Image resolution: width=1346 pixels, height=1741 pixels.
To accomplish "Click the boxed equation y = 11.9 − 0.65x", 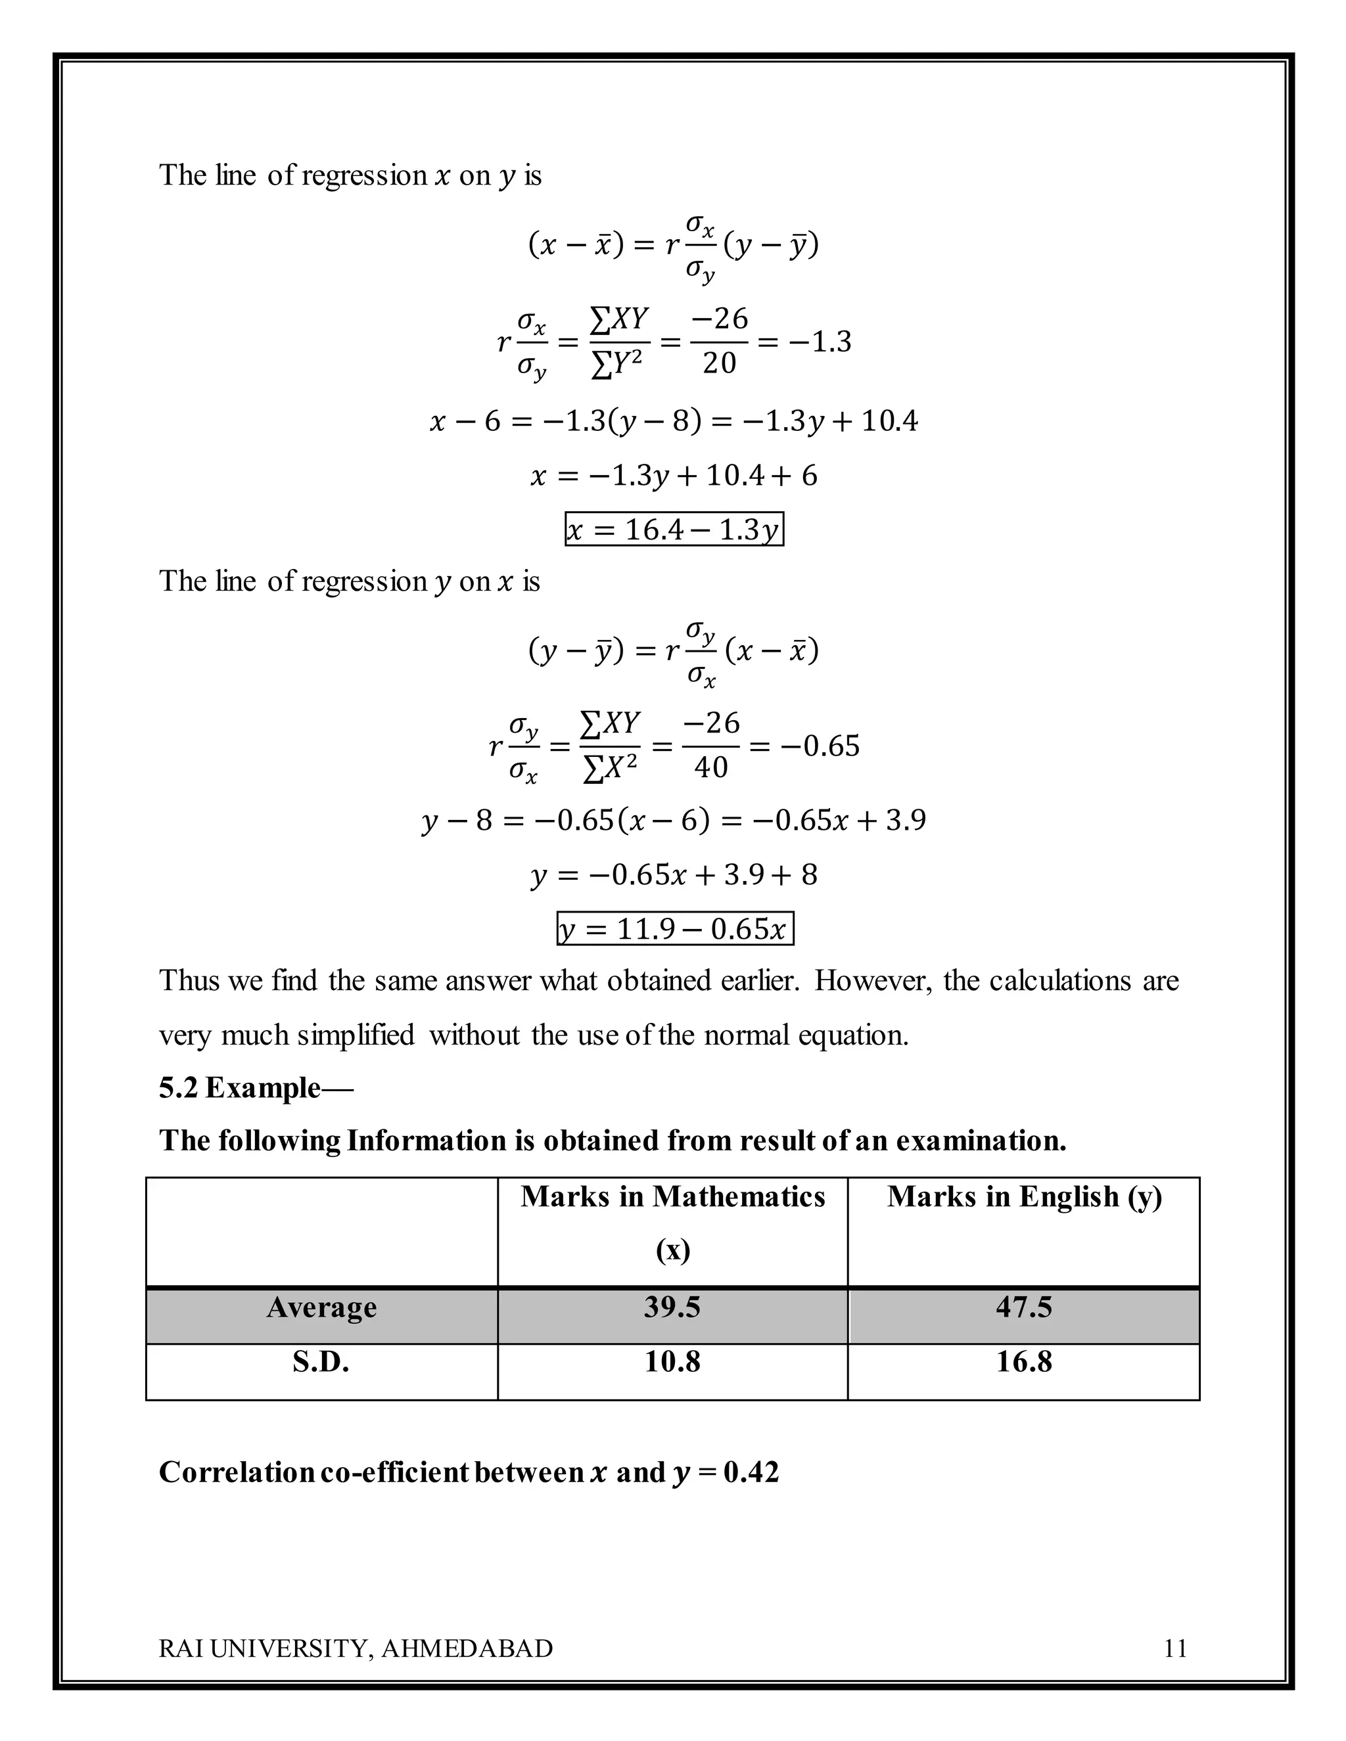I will pyautogui.click(x=674, y=929).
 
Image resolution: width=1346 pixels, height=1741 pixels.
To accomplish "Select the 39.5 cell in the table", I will pyautogui.click(x=672, y=1307).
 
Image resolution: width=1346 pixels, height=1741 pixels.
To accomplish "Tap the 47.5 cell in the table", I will pyautogui.click(x=1023, y=1307).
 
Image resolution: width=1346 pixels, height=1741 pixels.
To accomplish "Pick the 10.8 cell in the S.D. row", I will pyautogui.click(x=672, y=1361).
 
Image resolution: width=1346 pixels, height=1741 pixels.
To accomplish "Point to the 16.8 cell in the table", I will pyautogui.click(x=1023, y=1361).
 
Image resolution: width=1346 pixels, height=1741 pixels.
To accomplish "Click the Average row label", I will pyautogui.click(x=321, y=1307).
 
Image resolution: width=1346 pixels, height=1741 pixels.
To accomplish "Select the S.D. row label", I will pyautogui.click(x=321, y=1361).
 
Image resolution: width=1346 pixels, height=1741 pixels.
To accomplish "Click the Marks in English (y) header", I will pyautogui.click(x=1024, y=1196).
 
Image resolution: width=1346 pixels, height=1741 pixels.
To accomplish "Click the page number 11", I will pyautogui.click(x=1175, y=1648).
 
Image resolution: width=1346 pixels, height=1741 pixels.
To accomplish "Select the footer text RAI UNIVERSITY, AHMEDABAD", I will pyautogui.click(x=356, y=1648).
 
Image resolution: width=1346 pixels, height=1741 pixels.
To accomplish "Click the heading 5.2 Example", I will pyautogui.click(x=255, y=1087).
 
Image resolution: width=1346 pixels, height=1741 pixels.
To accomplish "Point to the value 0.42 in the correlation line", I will pyautogui.click(x=751, y=1472).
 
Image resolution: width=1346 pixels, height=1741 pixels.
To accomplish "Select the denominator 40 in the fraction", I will pyautogui.click(x=710, y=767).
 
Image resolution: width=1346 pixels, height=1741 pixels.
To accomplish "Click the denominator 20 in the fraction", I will pyautogui.click(x=718, y=363).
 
